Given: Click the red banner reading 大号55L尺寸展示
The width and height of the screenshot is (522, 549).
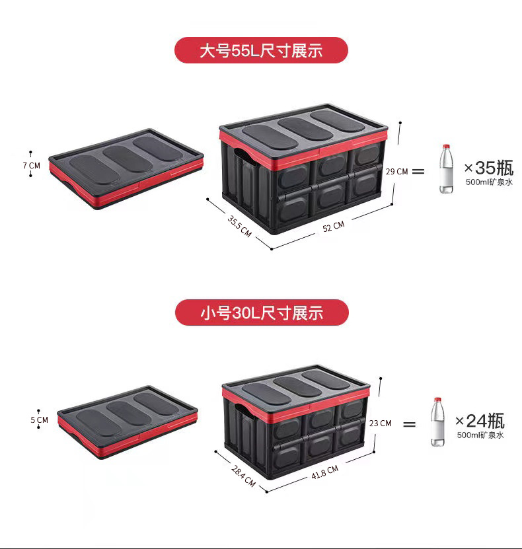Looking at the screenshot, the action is coord(261,50).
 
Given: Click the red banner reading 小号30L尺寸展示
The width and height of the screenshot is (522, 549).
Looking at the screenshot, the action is coord(261,312).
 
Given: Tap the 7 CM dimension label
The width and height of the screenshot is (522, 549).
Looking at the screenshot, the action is coord(32,165).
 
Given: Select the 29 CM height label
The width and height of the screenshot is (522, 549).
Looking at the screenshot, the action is coord(397,171).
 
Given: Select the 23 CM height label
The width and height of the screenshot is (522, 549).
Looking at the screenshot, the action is coord(380,423).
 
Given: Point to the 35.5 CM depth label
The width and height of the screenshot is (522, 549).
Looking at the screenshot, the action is coord(239,226).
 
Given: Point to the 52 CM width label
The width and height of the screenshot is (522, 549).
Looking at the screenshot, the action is coord(334,226).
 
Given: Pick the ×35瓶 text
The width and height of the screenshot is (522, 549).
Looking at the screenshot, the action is coord(488,167).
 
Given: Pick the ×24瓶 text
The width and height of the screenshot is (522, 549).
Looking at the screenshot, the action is coord(480,421).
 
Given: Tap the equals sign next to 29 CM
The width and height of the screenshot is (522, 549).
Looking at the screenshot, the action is coord(418,171).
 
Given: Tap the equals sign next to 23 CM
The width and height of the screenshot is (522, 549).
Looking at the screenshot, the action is coord(410,423).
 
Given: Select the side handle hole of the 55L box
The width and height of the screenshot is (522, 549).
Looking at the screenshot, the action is coord(245,158).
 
